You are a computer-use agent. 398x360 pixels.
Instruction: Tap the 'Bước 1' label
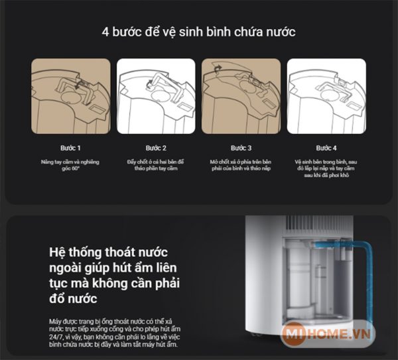pyautogui.click(x=70, y=147)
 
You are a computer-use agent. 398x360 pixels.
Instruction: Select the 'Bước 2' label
pyautogui.click(x=156, y=147)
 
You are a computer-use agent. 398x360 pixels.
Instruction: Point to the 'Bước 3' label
pyautogui.click(x=241, y=147)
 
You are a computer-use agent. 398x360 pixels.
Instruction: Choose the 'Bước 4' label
pyautogui.click(x=326, y=147)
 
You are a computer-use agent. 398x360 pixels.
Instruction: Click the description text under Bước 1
pyautogui.click(x=70, y=165)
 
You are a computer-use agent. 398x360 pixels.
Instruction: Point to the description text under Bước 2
pyautogui.click(x=156, y=165)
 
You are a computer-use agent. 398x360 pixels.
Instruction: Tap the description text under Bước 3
pyautogui.click(x=241, y=165)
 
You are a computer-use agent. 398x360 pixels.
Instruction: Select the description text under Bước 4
pyautogui.click(x=326, y=169)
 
